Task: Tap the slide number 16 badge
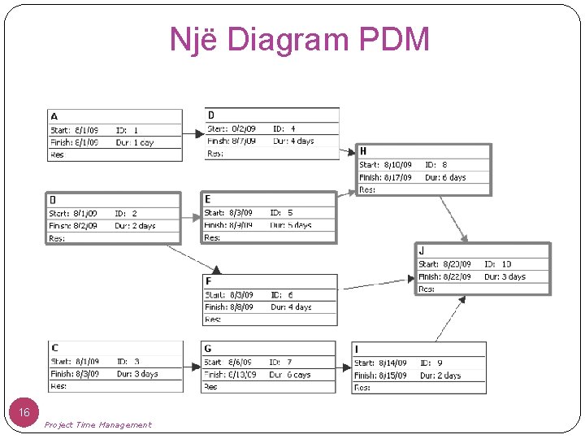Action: point(24,413)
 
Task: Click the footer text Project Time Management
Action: point(97,424)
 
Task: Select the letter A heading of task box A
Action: point(54,116)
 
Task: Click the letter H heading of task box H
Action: point(363,151)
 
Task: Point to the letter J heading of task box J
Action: point(422,251)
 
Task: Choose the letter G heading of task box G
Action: point(208,349)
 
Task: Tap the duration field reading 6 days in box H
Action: point(445,177)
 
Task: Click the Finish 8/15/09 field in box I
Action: point(380,376)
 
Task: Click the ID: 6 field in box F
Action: point(282,295)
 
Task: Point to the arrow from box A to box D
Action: point(194,133)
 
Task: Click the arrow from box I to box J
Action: point(449,319)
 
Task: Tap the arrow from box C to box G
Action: point(193,367)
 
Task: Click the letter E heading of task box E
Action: point(208,199)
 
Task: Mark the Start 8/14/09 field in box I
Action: point(380,363)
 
